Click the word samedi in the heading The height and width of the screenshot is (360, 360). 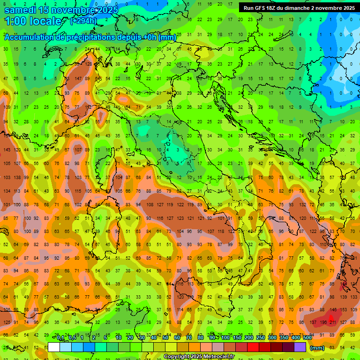coord(22,10)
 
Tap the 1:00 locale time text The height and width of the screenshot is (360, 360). coord(33,21)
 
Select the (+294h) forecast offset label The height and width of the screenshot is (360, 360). coord(84,21)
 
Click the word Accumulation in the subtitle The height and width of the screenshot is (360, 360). coord(29,37)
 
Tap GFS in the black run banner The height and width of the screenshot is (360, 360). coord(259,8)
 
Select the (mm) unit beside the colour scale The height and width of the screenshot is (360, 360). coord(317,348)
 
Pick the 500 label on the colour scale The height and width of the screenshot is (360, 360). coord(307,338)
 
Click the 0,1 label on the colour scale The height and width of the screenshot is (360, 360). coord(60,338)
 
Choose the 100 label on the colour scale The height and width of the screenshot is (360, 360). coord(225,338)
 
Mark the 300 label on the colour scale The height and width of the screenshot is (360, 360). coord(272,338)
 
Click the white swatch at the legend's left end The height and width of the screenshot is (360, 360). coord(54,347)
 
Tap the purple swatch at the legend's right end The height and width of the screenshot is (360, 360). coord(300,347)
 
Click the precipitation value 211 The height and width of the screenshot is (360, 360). coord(333,322)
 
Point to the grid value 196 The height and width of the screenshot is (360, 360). coord(323,322)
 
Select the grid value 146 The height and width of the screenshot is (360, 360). coord(333,310)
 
